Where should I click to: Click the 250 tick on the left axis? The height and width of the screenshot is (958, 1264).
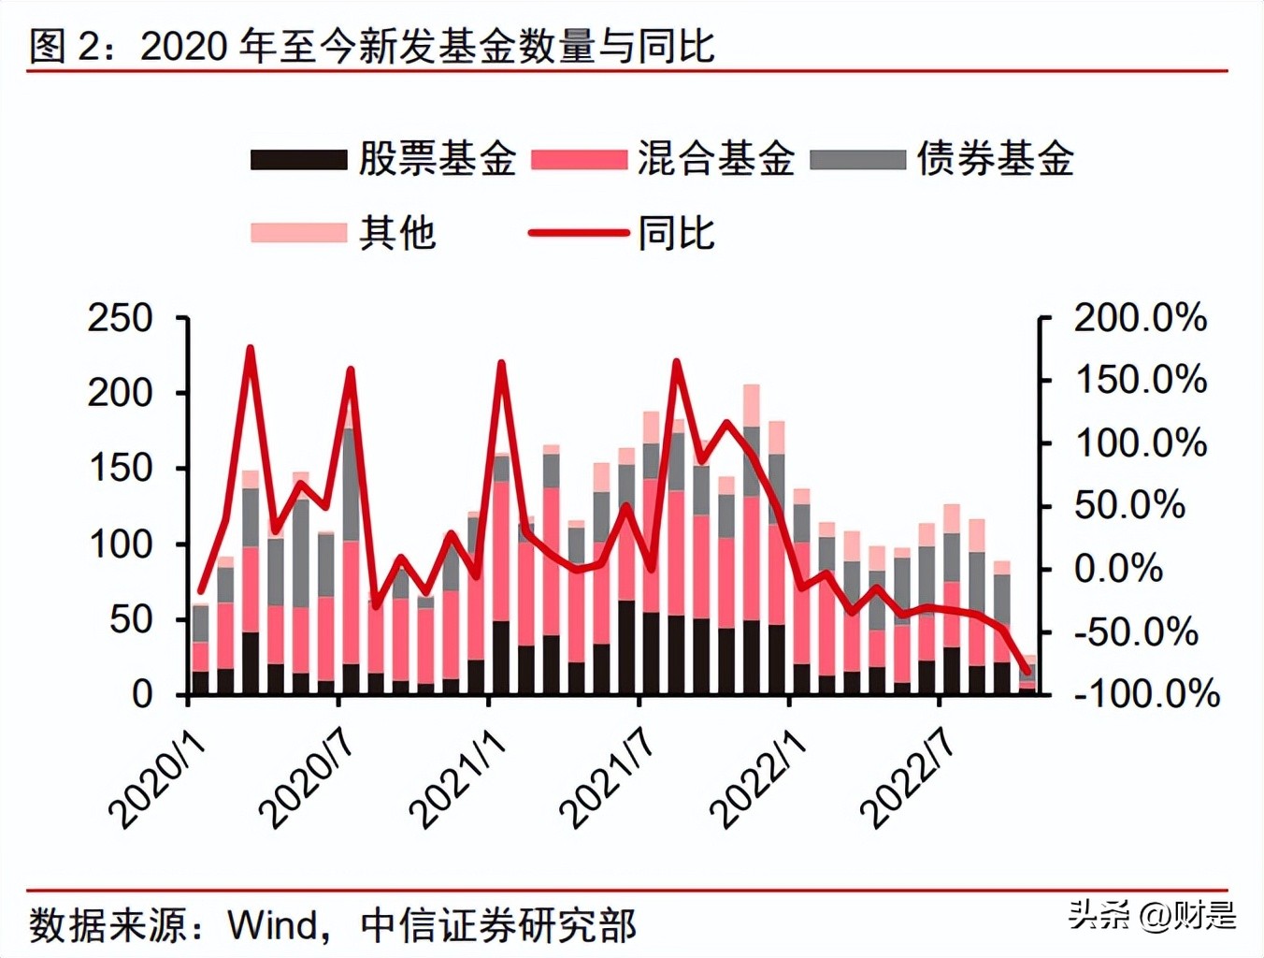120,319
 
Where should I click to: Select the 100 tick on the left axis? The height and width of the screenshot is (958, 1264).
120,544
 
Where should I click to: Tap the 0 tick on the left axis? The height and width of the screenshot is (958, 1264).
141,695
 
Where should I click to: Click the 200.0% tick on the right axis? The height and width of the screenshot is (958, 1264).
1140,319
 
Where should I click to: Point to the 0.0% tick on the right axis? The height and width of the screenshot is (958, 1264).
1118,569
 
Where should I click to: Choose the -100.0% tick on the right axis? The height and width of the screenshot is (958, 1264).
1146,694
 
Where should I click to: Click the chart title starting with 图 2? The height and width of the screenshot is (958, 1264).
371,46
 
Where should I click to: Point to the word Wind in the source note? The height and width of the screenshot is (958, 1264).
273,925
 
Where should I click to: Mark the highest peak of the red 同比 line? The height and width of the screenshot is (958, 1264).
250,349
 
